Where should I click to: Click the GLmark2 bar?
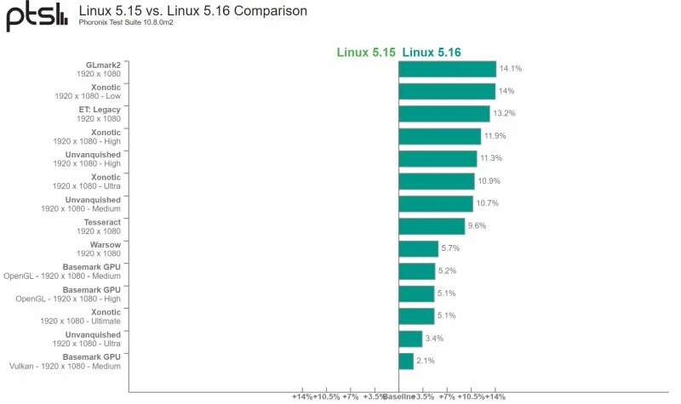[447, 69]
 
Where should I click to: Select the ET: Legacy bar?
[444, 114]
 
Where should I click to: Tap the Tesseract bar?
[432, 226]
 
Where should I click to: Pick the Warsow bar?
[418, 248]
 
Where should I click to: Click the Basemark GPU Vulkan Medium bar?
[406, 361]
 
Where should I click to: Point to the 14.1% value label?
[510, 69]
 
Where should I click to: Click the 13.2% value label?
[504, 114]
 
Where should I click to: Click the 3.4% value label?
[434, 339]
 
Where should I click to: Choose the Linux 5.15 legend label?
[366, 52]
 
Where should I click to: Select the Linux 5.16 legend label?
[432, 52]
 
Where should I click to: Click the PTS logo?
[37, 17]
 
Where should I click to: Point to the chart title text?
[192, 11]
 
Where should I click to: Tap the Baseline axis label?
[398, 396]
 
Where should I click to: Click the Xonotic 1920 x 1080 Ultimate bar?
[416, 316]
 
